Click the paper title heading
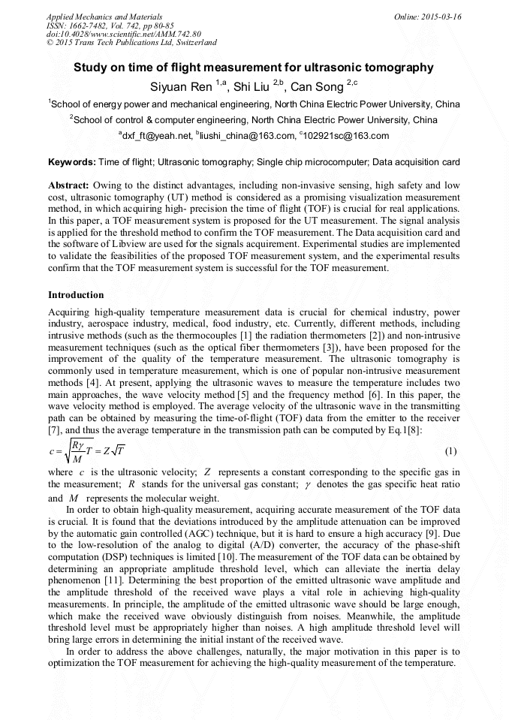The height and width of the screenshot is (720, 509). (x=253, y=68)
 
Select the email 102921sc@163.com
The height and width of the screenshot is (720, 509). (x=346, y=136)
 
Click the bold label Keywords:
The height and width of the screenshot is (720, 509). (x=71, y=162)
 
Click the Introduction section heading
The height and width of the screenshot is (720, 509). (x=76, y=295)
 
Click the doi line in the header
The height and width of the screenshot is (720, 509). (x=124, y=35)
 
